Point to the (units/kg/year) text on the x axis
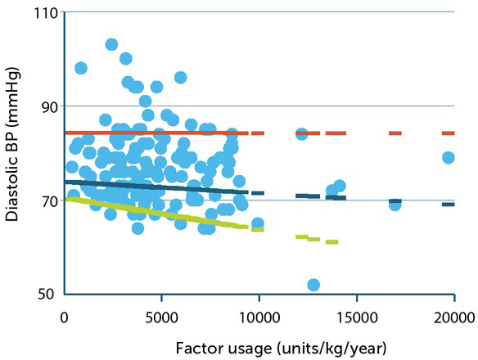pos(319,347)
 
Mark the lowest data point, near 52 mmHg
pos(313,285)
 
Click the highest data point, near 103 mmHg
pos(111,44)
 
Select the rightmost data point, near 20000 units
pos(448,157)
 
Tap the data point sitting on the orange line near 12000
pos(301,133)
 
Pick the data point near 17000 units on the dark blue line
pos(395,205)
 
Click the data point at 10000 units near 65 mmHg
pos(258,223)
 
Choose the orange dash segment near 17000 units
pos(395,133)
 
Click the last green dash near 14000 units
pos(331,241)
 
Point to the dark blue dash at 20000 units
pos(448,204)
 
